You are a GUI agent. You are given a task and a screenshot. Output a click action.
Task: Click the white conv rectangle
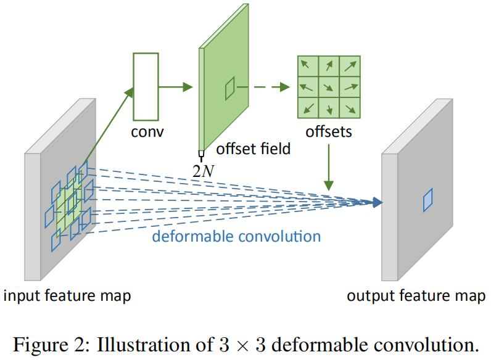pos(146,86)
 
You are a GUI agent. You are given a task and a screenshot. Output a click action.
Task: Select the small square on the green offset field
pos(229,90)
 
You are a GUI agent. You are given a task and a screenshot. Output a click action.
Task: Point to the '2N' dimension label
pos(202,171)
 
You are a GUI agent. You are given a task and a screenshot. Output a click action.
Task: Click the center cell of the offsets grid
pos(329,87)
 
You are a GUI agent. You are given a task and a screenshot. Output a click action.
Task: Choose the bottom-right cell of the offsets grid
pos(350,108)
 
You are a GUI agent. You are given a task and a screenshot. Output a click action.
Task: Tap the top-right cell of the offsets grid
pos(350,65)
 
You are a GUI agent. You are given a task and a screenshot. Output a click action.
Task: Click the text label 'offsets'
pos(329,132)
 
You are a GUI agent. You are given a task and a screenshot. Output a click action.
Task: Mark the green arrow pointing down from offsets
pos(329,166)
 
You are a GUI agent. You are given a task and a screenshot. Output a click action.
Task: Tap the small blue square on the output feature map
pos(427,201)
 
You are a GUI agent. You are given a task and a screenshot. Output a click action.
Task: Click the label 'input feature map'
pos(67,296)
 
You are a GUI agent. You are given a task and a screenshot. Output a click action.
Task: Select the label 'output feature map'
pos(416,296)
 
